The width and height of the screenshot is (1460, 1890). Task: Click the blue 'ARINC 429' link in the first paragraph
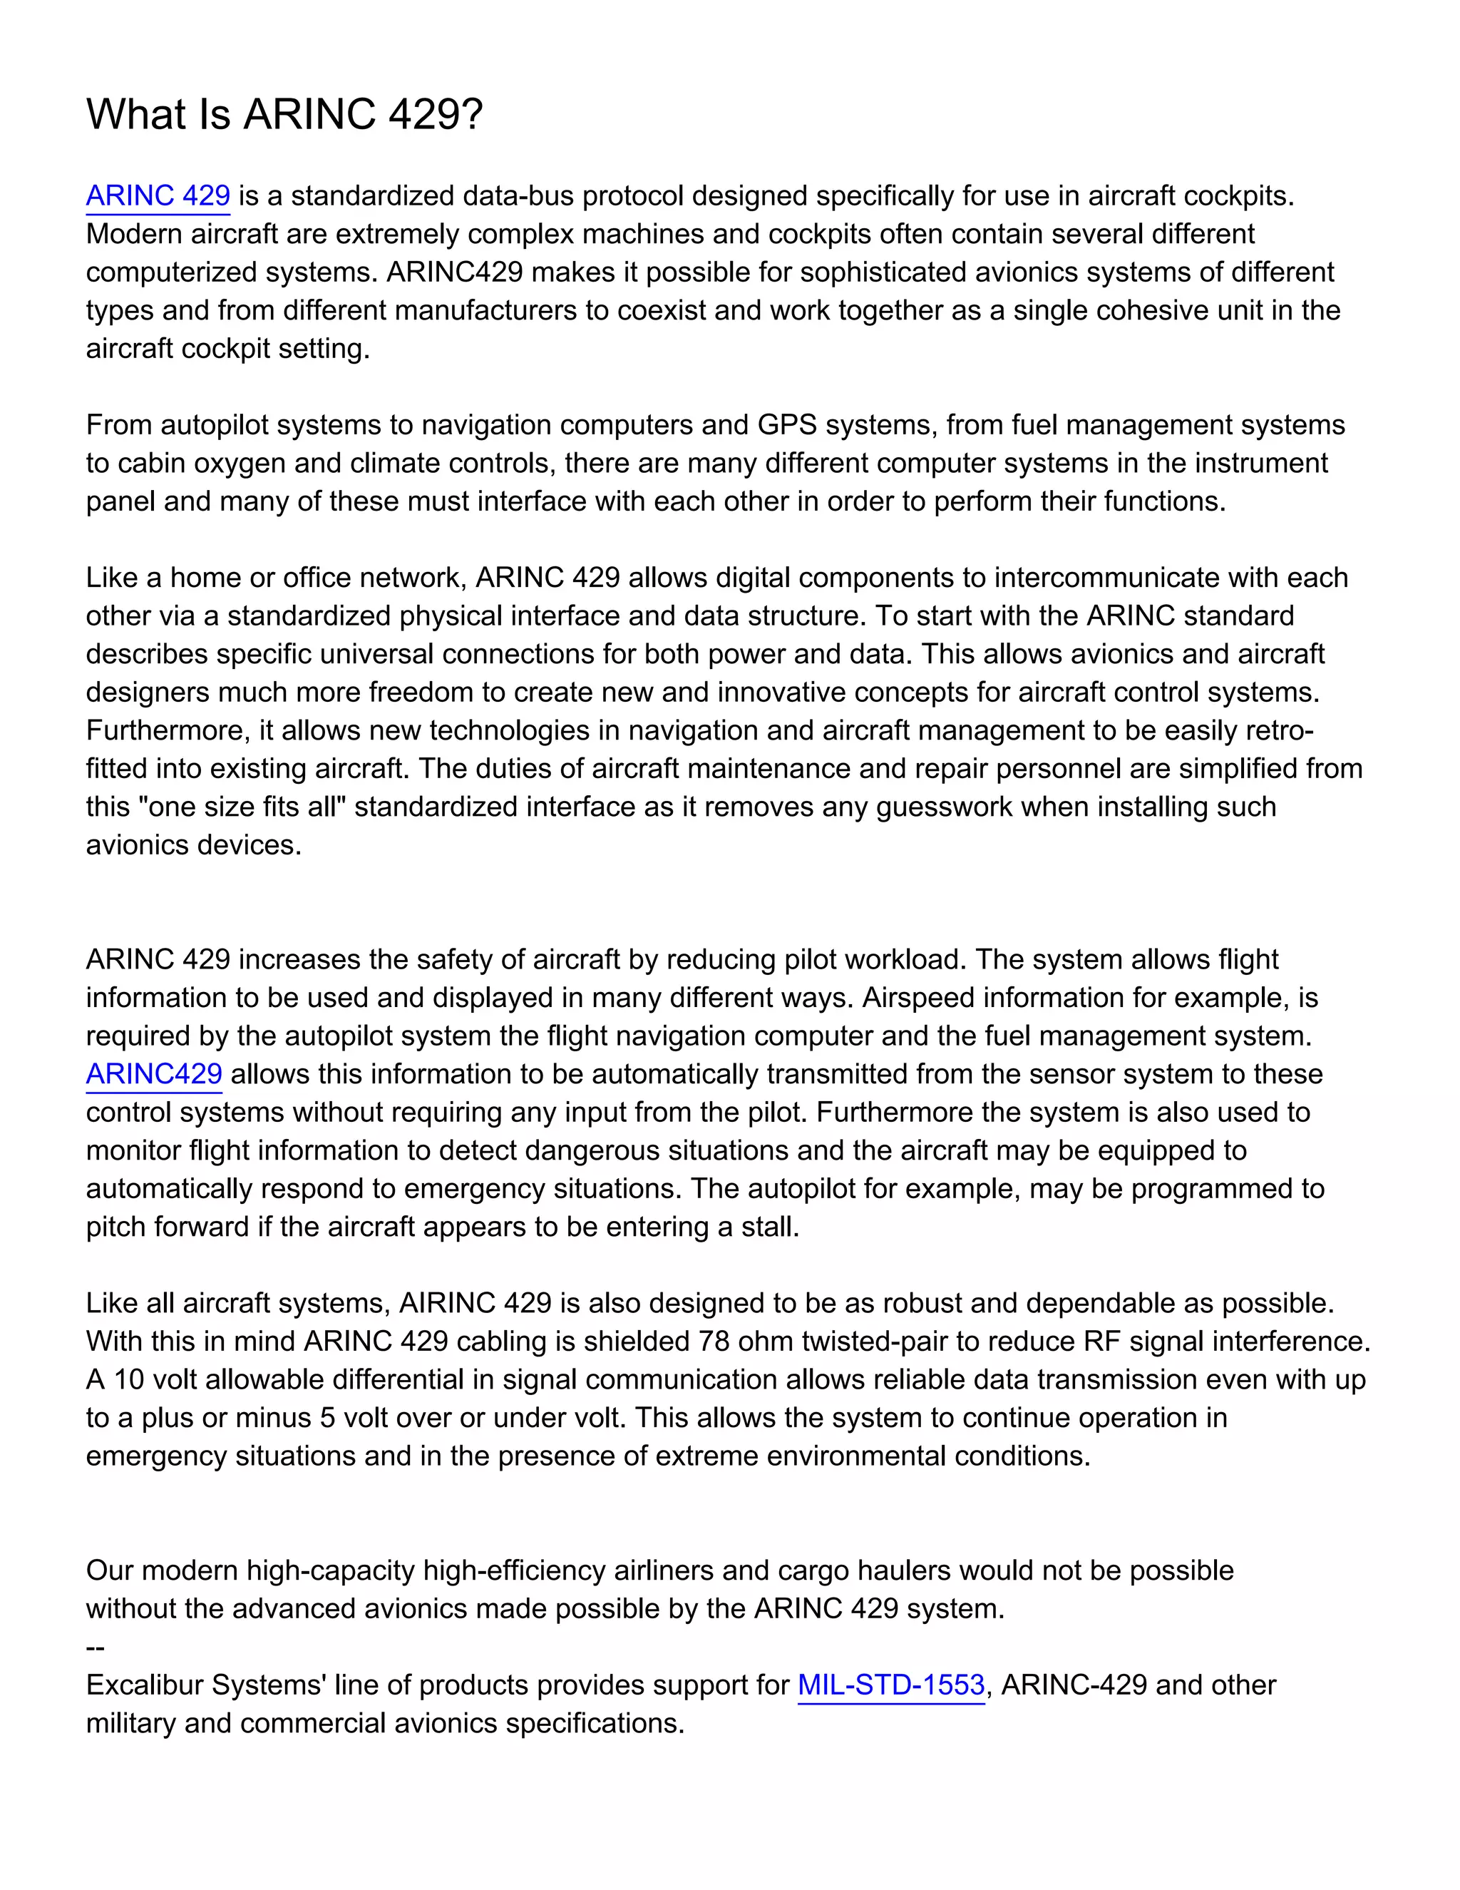click(x=158, y=195)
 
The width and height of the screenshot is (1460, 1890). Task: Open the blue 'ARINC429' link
click(x=154, y=1074)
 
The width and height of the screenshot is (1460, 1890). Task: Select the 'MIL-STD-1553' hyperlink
click(x=891, y=1685)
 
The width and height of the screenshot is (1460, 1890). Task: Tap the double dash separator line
click(x=95, y=1647)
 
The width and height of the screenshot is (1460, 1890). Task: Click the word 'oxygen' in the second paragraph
click(x=240, y=463)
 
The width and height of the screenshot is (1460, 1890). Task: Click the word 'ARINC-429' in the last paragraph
click(x=1074, y=1685)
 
